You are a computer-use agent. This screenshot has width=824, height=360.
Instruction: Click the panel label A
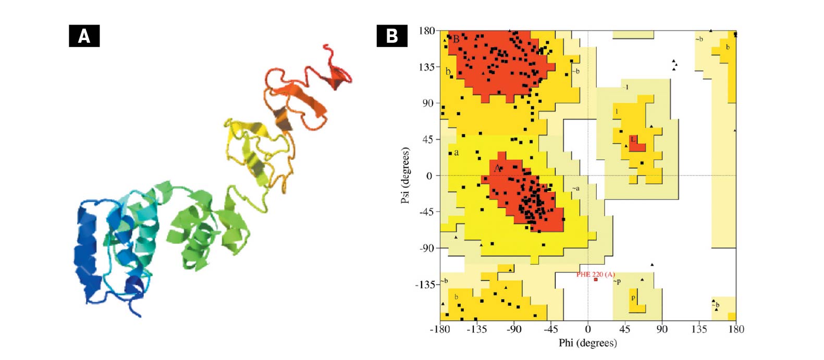point(84,36)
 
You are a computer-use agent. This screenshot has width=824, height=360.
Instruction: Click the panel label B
point(392,36)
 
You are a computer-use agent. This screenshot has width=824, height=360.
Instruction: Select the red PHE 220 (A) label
point(595,274)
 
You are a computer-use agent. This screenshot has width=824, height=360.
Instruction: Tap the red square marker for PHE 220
point(596,280)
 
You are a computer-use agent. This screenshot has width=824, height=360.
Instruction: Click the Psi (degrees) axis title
point(405,175)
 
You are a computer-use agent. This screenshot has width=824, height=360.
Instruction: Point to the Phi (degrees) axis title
point(587,343)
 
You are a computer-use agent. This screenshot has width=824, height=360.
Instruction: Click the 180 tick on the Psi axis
point(426,31)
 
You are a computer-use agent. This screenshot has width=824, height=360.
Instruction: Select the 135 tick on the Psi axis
point(426,67)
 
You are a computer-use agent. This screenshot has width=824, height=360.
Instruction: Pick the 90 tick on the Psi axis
point(428,103)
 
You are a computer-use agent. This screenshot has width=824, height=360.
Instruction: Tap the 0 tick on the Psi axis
point(429,176)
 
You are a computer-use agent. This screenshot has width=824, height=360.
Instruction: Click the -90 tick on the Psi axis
point(426,248)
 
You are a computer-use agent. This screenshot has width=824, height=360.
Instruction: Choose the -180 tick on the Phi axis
point(440,329)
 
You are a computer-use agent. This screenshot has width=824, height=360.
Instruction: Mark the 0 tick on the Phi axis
point(588,329)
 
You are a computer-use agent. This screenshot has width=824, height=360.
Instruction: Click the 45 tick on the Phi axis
point(624,329)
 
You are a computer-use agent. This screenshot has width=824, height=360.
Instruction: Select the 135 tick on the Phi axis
point(699,329)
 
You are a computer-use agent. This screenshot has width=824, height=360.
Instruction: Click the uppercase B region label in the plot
point(456,39)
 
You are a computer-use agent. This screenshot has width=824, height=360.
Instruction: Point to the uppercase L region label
point(633,139)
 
